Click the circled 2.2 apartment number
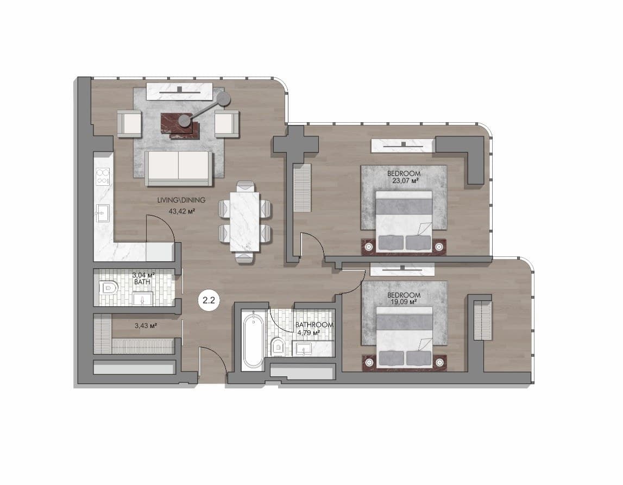point(209,300)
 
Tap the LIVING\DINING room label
point(181,200)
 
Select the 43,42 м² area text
point(181,211)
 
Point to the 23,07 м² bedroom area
point(404,181)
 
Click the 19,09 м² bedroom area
point(404,302)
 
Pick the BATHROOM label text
point(314,325)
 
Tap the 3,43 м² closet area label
point(146,326)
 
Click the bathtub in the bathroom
point(253,341)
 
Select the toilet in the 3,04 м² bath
point(109,287)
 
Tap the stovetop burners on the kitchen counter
point(103,177)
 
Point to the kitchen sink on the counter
point(103,213)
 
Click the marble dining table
point(245,222)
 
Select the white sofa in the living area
point(178,168)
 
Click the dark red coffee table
point(180,125)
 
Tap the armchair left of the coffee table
point(129,124)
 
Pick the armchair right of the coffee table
point(227,124)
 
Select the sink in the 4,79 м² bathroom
point(304,350)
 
